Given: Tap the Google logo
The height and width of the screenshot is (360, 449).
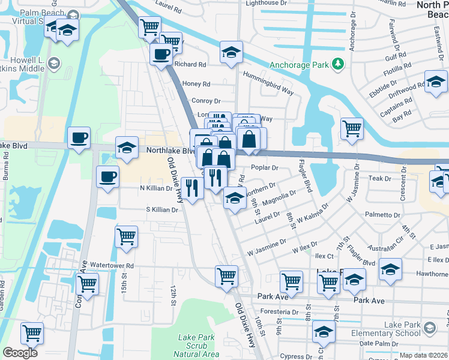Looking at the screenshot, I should pos(20,353).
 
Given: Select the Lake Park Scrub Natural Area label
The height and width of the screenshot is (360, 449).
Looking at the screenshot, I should pos(197,346).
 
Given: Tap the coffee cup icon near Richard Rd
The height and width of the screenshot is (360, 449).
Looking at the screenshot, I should pos(161,55).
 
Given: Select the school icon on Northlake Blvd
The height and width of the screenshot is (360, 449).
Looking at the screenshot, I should pos(127,148).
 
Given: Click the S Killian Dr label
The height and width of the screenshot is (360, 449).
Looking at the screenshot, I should pos(162,210).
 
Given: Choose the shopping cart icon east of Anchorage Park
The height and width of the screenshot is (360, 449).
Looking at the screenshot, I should pos(351,127).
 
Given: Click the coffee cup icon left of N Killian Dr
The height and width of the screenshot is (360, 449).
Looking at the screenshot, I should pos(107,176).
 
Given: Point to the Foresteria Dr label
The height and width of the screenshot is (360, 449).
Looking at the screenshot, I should pos(278,312).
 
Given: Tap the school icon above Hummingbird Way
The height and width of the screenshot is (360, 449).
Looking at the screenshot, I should pos(231,52).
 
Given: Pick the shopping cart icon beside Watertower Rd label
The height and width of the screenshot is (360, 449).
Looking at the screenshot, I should pos(88,283).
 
